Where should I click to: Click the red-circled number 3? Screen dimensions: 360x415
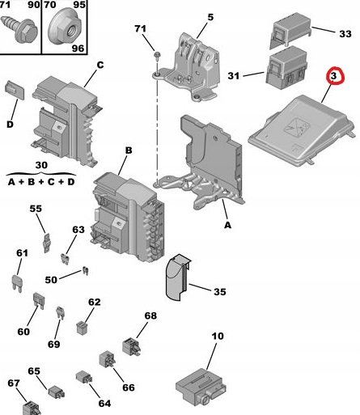pyautogui.click(x=334, y=76)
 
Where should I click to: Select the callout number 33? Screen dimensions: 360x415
pyautogui.click(x=345, y=34)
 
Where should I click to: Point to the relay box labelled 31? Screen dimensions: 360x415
pyautogui.click(x=286, y=68)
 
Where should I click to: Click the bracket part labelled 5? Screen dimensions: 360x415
pyautogui.click(x=193, y=66)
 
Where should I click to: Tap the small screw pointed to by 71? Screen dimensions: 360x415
pyautogui.click(x=157, y=56)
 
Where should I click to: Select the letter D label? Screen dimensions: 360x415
pyautogui.click(x=10, y=125)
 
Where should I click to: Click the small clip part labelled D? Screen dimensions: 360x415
pyautogui.click(x=15, y=90)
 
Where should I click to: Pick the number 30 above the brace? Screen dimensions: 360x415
pyautogui.click(x=41, y=165)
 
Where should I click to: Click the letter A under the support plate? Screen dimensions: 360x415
pyautogui.click(x=227, y=225)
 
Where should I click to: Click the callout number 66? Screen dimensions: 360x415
pyautogui.click(x=129, y=387)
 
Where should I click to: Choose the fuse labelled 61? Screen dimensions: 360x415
pyautogui.click(x=17, y=282)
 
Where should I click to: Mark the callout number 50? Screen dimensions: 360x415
pyautogui.click(x=51, y=280)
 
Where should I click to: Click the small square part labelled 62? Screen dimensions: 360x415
pyautogui.click(x=81, y=328)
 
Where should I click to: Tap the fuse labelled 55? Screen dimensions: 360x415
pyautogui.click(x=47, y=243)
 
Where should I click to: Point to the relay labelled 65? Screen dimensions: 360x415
pyautogui.click(x=57, y=392)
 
